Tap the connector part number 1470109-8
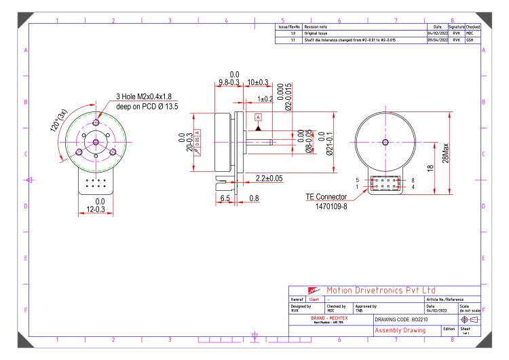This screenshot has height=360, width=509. (331, 207)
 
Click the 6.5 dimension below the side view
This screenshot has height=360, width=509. (225, 198)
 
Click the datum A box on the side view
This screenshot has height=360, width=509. (258, 118)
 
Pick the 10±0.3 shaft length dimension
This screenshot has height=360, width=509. (257, 82)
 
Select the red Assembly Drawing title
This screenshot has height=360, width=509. (400, 330)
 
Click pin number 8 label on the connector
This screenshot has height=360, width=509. (412, 181)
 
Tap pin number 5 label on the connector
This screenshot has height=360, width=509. (358, 181)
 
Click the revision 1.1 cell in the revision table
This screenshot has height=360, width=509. (293, 40)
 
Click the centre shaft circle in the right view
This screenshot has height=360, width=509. (385, 142)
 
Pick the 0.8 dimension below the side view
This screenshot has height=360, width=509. (254, 198)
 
